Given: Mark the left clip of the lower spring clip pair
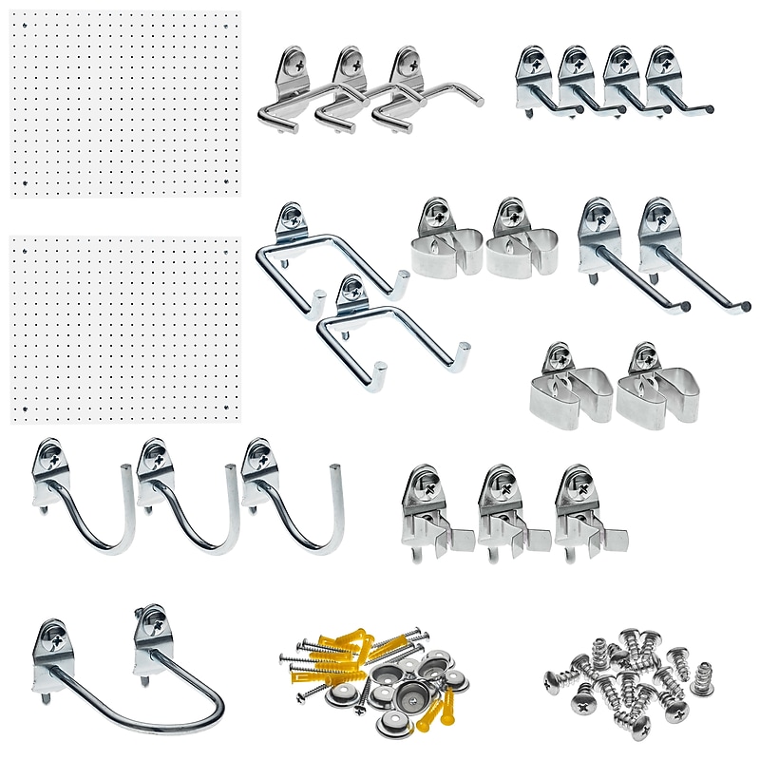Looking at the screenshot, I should point(569,389).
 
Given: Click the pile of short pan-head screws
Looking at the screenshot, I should point(632,679).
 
